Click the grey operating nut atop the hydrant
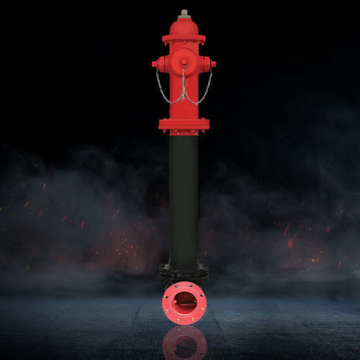tap(184, 14)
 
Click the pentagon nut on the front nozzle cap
tap(184, 61)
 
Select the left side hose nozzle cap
tap(158, 64)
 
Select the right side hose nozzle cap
tap(210, 64)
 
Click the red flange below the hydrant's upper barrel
tap(184, 125)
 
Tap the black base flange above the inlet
tap(184, 272)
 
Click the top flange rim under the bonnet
tap(184, 38)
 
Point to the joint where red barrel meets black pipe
tap(184, 134)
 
